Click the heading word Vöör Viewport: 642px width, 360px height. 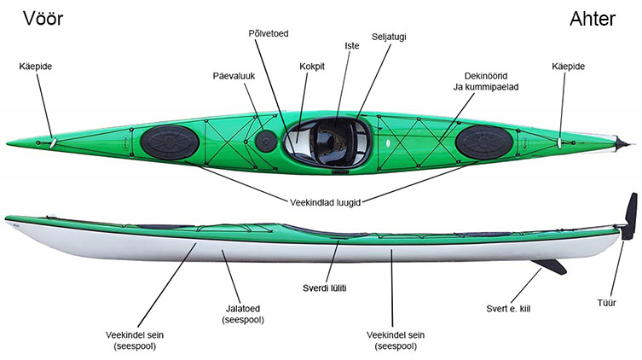tap(43, 19)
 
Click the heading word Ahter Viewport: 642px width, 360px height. tap(593, 19)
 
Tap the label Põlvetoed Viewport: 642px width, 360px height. tap(269, 33)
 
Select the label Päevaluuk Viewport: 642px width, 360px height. tap(234, 76)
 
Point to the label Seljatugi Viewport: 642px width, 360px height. tap(389, 37)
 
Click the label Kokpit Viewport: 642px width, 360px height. tap(312, 67)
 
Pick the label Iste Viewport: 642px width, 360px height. tap(352, 45)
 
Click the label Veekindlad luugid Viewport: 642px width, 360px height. tap(325, 202)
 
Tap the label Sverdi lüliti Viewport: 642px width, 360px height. tap(324, 288)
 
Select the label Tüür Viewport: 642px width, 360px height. tap(606, 303)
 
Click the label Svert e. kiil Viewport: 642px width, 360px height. tap(508, 309)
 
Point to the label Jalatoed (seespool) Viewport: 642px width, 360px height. tap(243, 314)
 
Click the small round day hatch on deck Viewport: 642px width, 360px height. tap(266, 141)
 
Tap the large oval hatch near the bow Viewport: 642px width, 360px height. tap(170, 142)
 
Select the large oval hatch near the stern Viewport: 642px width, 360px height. tap(484, 142)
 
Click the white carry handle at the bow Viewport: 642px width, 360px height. tap(53, 143)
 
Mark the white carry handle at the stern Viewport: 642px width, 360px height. tap(559, 142)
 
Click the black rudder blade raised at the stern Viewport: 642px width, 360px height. tap(630, 216)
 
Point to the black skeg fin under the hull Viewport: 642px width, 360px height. tap(550, 266)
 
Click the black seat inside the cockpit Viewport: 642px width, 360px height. tap(331, 142)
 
